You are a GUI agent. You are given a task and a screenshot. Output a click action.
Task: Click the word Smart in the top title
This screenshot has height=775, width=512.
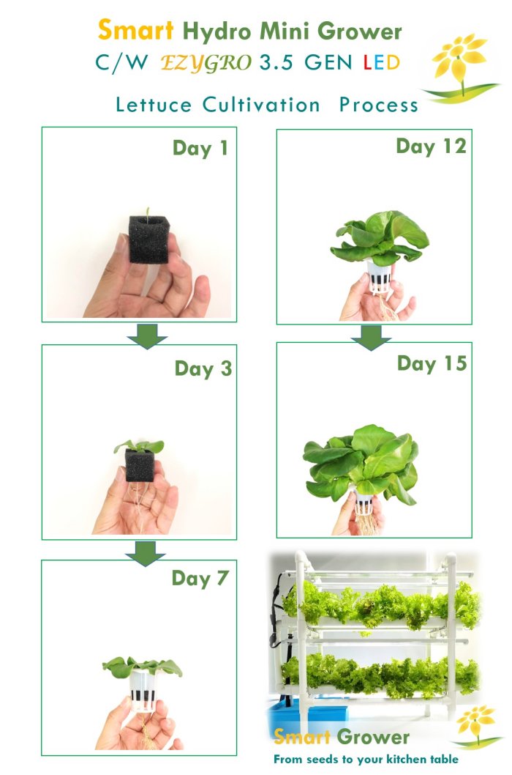[136, 31]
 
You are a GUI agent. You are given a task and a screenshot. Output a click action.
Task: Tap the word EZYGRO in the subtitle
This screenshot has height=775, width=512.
[206, 63]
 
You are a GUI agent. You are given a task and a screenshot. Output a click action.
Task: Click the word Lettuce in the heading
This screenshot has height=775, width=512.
[154, 105]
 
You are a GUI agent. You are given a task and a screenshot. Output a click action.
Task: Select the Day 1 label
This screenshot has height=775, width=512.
[200, 148]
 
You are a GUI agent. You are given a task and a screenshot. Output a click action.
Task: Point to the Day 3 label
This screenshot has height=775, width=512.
[203, 368]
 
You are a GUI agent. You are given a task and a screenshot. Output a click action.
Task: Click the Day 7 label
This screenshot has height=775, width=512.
[200, 579]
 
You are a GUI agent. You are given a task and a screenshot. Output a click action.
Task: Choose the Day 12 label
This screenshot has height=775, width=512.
[431, 147]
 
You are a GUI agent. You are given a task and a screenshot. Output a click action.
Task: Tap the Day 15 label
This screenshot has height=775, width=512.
[432, 364]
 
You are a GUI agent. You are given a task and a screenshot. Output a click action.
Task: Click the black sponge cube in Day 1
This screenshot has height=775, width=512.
[149, 240]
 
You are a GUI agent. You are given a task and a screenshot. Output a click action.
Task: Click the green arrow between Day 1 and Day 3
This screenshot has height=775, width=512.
[147, 336]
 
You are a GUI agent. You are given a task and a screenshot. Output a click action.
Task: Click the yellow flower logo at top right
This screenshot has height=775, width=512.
[461, 67]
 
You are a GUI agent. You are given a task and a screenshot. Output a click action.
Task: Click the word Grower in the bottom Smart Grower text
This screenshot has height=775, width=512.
[373, 737]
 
